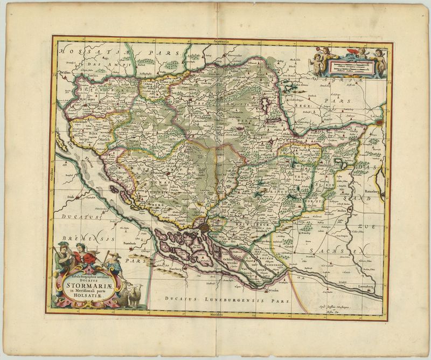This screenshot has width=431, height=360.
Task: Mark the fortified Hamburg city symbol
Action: pos(205,229)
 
